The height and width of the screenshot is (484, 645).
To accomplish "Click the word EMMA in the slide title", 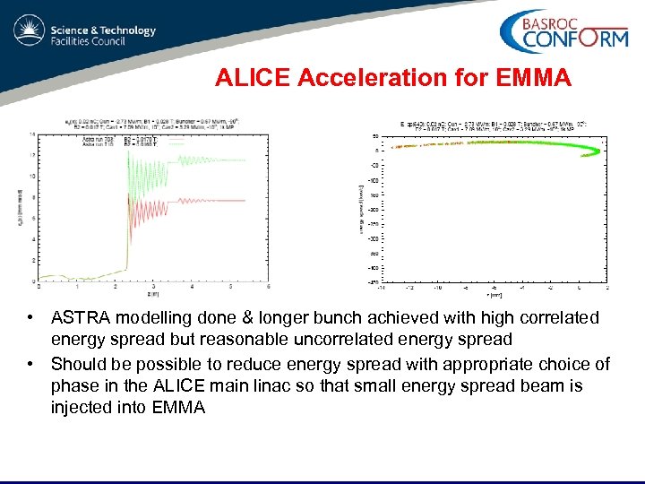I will click(x=537, y=79).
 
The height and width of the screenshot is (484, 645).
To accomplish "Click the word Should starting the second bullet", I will click(x=79, y=363).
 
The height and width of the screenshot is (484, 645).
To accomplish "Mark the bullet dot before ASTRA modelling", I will click(x=31, y=318).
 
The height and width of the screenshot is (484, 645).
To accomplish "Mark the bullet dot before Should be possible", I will click(x=31, y=363).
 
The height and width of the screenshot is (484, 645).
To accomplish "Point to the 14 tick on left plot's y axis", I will click(x=32, y=134).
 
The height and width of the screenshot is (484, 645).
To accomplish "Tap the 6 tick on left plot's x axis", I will click(x=269, y=288).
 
